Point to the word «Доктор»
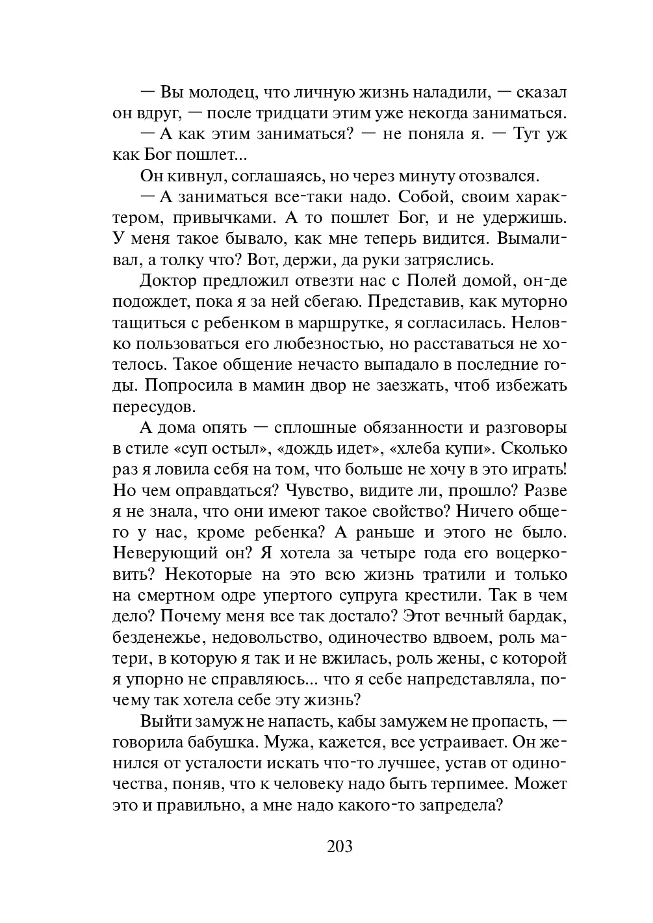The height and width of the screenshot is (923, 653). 167,281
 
